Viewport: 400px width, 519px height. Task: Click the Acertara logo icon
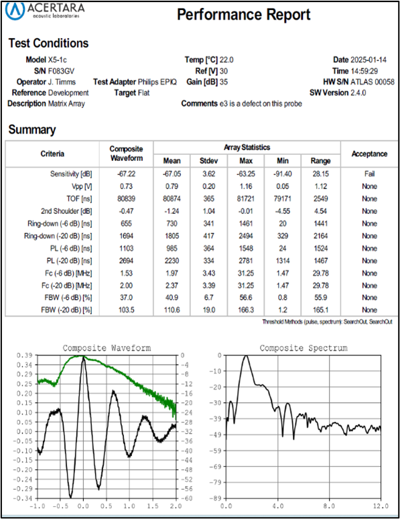point(15,10)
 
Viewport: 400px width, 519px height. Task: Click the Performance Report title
point(243,15)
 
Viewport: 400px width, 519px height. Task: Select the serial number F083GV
point(61,71)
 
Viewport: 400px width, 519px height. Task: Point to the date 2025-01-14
point(369,60)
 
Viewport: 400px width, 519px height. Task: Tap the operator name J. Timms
point(62,82)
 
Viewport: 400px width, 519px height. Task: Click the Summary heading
point(32,129)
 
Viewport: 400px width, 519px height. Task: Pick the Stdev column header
point(209,161)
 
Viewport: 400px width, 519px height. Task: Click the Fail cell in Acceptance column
point(370,174)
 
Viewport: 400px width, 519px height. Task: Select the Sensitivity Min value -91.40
point(283,174)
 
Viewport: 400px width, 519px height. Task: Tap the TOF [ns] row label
point(79,198)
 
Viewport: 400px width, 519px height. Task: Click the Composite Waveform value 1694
point(127,236)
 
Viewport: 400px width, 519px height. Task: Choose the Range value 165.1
point(320,310)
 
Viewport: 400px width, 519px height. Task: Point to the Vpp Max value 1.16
point(246,186)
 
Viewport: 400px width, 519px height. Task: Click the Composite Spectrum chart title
point(304,348)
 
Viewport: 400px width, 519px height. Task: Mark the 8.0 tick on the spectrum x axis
point(329,506)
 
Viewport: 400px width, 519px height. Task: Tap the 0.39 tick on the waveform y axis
point(25,355)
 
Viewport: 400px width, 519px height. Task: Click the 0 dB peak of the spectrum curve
point(245,356)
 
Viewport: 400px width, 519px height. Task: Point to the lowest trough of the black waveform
point(70,497)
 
